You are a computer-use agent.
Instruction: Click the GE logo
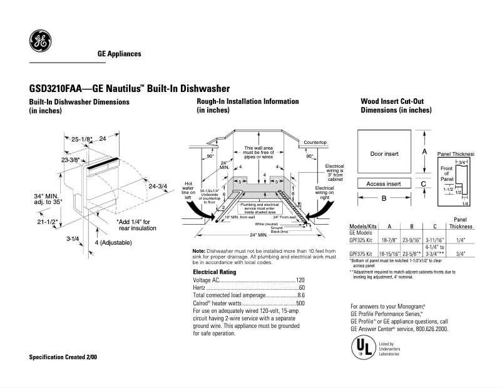click(x=40, y=42)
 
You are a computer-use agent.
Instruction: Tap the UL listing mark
click(x=362, y=347)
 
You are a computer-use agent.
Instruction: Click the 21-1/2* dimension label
click(x=48, y=222)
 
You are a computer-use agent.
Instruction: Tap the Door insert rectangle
click(x=384, y=153)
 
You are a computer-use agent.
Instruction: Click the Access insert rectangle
click(x=384, y=184)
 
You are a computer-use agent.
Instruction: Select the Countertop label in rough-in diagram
click(x=315, y=143)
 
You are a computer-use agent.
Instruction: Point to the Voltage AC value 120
click(x=300, y=280)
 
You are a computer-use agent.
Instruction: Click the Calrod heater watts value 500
click(x=300, y=303)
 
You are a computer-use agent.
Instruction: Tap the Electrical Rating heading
click(x=214, y=272)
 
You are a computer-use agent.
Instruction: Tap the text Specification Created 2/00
click(x=63, y=357)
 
